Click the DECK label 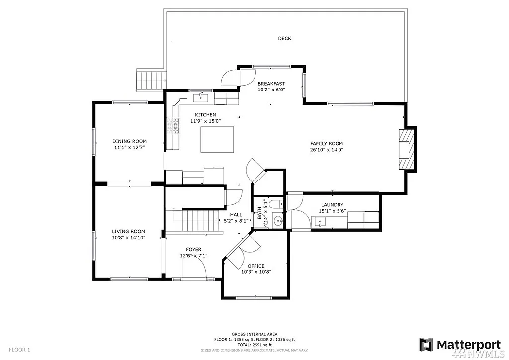pos(284,39)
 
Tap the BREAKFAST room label pos(271,84)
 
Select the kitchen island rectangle pos(217,139)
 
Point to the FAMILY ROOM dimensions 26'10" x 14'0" pos(327,150)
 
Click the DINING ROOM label pos(129,141)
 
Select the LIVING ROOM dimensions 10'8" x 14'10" pos(128,238)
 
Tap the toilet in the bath pos(279,203)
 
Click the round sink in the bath pos(278,220)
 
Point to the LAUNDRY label pos(332,205)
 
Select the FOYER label pos(194,249)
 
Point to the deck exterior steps pos(150,80)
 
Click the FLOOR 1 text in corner pos(19,350)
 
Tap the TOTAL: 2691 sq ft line pos(254,345)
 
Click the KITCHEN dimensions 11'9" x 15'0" pos(205,121)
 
